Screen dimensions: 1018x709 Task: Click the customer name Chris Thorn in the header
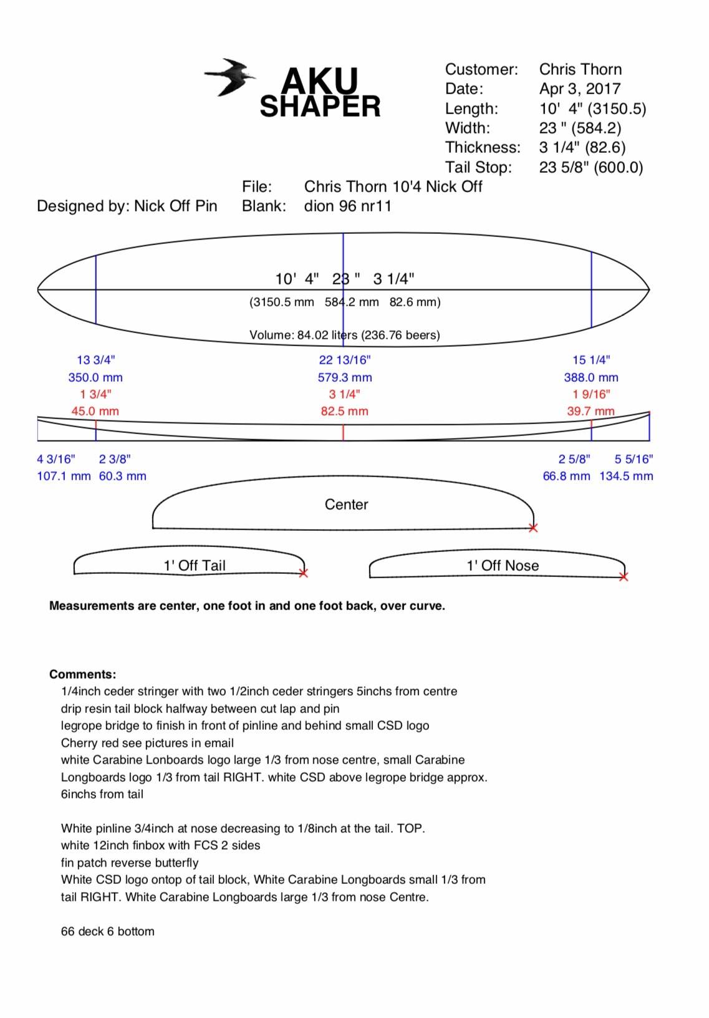(x=580, y=69)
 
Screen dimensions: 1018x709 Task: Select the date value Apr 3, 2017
(x=579, y=89)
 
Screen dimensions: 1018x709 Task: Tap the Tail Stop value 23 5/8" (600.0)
(x=591, y=167)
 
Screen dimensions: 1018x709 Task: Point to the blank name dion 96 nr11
(x=347, y=206)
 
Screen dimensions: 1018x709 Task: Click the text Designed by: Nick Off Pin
(x=127, y=206)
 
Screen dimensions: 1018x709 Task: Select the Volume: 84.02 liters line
(x=344, y=335)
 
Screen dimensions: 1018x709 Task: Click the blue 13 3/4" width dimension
(x=95, y=360)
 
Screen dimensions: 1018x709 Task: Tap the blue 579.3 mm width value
(x=344, y=377)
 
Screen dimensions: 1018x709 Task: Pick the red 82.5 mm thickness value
(x=344, y=411)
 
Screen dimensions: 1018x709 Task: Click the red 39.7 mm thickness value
(x=591, y=411)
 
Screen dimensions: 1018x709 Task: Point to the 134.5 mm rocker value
(x=626, y=476)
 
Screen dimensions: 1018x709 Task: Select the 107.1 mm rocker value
(x=64, y=476)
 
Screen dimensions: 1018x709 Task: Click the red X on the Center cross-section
(x=533, y=528)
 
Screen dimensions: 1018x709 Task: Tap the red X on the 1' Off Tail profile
(x=303, y=573)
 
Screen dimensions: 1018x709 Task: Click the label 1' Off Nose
(x=503, y=565)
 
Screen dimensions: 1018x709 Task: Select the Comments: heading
(x=82, y=674)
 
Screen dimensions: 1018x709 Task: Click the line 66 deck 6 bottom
(x=107, y=931)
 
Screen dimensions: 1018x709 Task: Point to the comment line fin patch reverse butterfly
(x=130, y=863)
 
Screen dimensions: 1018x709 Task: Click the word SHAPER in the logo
(x=320, y=107)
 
